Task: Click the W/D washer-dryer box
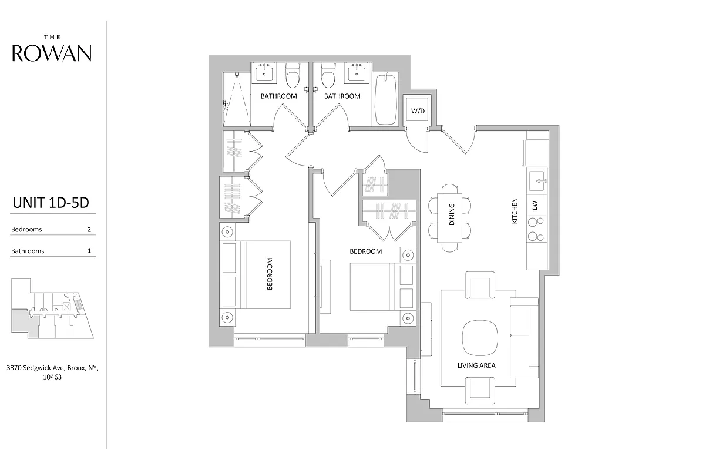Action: point(418,110)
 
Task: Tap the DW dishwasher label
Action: point(535,206)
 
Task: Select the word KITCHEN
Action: point(515,210)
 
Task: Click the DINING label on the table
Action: point(452,214)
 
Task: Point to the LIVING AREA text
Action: point(476,365)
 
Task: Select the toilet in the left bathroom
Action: point(292,75)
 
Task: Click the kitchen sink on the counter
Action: point(537,179)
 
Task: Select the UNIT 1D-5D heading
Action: point(51,203)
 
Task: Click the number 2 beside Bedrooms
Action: point(89,229)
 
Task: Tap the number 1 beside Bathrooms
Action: point(89,251)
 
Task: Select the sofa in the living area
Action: point(524,337)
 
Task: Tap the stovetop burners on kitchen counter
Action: point(536,229)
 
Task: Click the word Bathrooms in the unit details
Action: point(28,251)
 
